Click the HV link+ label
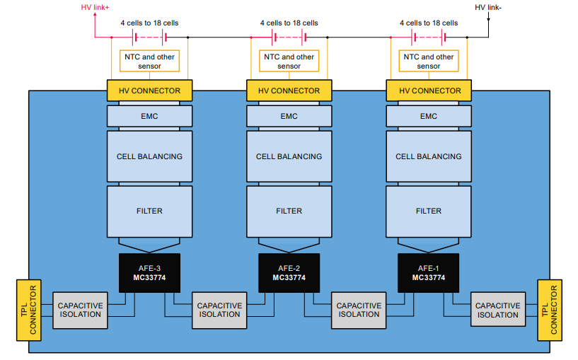coord(95,7)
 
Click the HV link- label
coord(488,7)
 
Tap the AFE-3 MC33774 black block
coord(149,272)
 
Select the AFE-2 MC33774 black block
coord(289,272)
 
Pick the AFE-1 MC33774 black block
coord(428,272)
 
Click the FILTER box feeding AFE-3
coord(149,211)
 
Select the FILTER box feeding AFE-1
coord(428,211)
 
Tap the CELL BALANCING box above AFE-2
coord(289,156)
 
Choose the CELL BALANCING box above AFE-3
coord(149,156)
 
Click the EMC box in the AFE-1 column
coord(428,116)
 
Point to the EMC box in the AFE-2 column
coord(289,116)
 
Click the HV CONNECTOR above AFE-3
coord(149,91)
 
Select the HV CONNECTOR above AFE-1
coord(428,91)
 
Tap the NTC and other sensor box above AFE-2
coord(289,62)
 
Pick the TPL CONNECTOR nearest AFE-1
coord(550,310)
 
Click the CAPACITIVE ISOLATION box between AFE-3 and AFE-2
coord(219,310)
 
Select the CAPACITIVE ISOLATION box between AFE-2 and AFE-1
coord(359,310)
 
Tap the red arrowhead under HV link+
coord(95,18)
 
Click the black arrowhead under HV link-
coord(488,18)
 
